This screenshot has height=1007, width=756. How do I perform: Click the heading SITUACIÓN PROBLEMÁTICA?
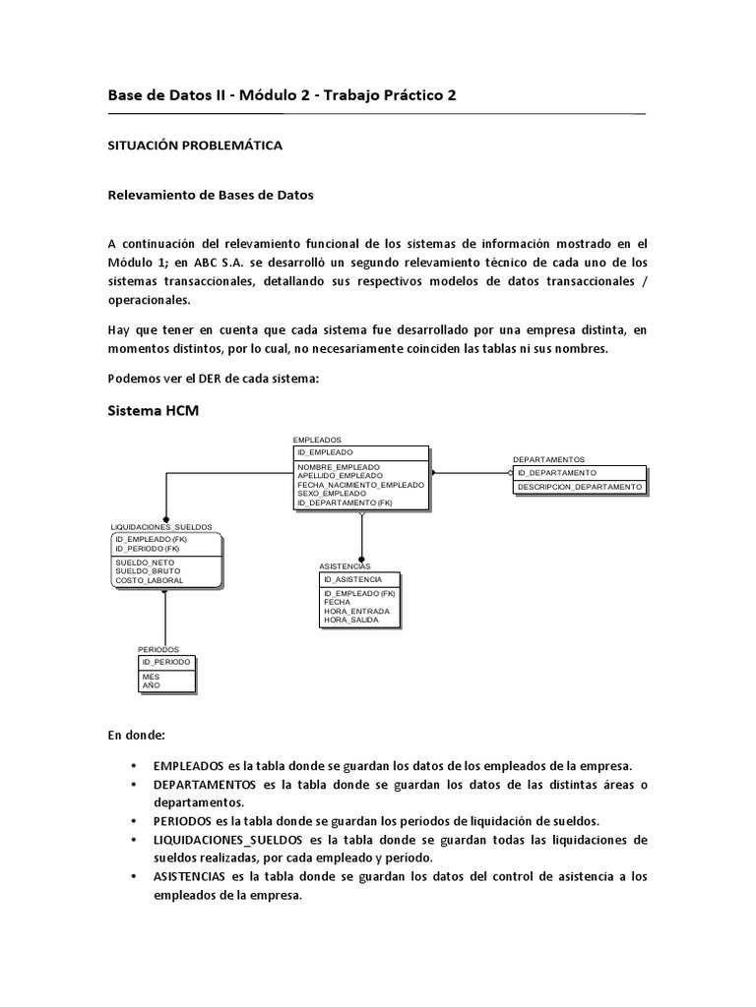[x=194, y=146]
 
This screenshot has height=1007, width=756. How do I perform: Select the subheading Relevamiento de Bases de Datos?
[x=210, y=195]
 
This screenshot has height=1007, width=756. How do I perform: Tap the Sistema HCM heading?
[x=153, y=411]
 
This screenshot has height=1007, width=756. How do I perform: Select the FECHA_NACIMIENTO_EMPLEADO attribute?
[x=360, y=485]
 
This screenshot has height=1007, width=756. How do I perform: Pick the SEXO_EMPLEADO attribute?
[x=332, y=494]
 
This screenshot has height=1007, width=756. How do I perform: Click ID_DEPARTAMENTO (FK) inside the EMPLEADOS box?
[x=344, y=503]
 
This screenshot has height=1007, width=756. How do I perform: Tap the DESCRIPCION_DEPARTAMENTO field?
[x=580, y=487]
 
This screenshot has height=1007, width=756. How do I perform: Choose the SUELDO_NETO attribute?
[x=145, y=563]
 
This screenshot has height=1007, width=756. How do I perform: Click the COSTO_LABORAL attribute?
[x=149, y=580]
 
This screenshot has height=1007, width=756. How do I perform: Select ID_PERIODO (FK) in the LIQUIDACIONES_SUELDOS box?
[x=148, y=548]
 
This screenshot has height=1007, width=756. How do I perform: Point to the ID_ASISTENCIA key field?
[x=352, y=580]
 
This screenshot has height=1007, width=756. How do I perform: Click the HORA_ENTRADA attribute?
[x=355, y=612]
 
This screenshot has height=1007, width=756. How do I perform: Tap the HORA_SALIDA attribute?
[x=350, y=621]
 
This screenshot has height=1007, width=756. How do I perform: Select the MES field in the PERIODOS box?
[x=151, y=678]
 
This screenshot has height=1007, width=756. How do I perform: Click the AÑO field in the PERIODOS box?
[x=151, y=686]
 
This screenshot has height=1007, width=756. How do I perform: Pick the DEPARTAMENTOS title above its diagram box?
[x=548, y=459]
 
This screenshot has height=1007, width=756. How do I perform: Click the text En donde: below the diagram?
[x=137, y=735]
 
